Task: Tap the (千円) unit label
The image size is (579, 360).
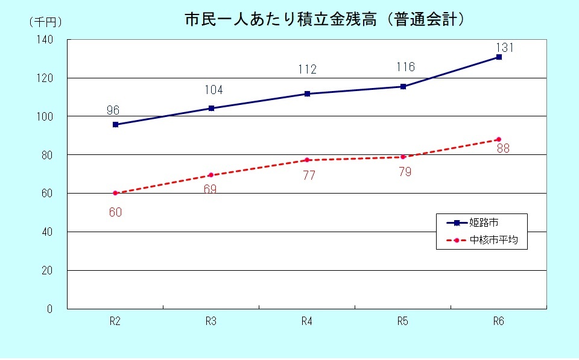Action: (45, 22)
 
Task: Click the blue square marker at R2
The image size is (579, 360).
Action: (115, 124)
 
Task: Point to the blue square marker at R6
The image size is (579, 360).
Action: (499, 57)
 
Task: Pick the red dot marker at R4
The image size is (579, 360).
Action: (307, 160)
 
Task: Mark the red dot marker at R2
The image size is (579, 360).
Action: (115, 193)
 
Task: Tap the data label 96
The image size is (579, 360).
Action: (113, 110)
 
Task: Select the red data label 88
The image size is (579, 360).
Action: (502, 149)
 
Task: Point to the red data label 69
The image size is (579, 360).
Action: (210, 189)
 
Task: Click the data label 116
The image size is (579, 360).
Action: (405, 67)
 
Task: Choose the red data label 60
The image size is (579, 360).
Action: (115, 212)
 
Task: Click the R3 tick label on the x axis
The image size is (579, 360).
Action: (211, 321)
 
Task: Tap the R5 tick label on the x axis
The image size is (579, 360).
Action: (403, 321)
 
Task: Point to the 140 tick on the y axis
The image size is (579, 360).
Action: (46, 40)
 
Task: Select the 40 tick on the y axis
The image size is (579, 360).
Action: (48, 232)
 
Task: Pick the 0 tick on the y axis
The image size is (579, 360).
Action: (50, 309)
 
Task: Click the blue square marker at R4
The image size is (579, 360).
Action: (307, 93)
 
